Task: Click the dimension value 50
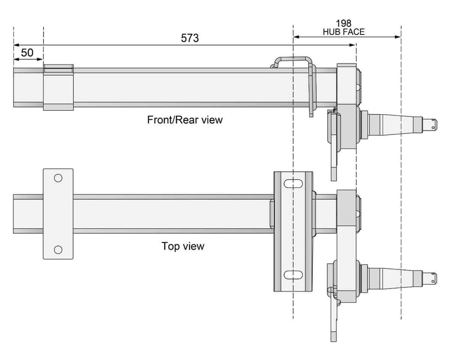(28, 53)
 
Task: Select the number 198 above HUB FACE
(344, 23)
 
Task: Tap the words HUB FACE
(344, 32)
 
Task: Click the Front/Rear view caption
(184, 119)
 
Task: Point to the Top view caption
(183, 246)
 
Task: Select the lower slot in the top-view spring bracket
(293, 274)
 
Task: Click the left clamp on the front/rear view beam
(58, 87)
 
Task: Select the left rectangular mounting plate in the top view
(58, 214)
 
